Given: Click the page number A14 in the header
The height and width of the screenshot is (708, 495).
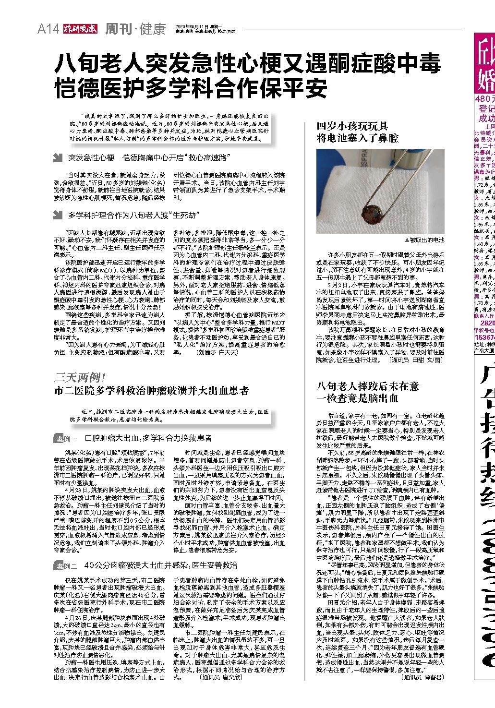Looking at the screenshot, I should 48,29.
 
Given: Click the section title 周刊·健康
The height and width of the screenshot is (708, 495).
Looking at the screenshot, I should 135,29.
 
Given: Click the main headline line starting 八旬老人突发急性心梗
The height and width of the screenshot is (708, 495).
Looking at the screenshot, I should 247,63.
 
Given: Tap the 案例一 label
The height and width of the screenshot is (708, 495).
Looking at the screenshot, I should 67,438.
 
